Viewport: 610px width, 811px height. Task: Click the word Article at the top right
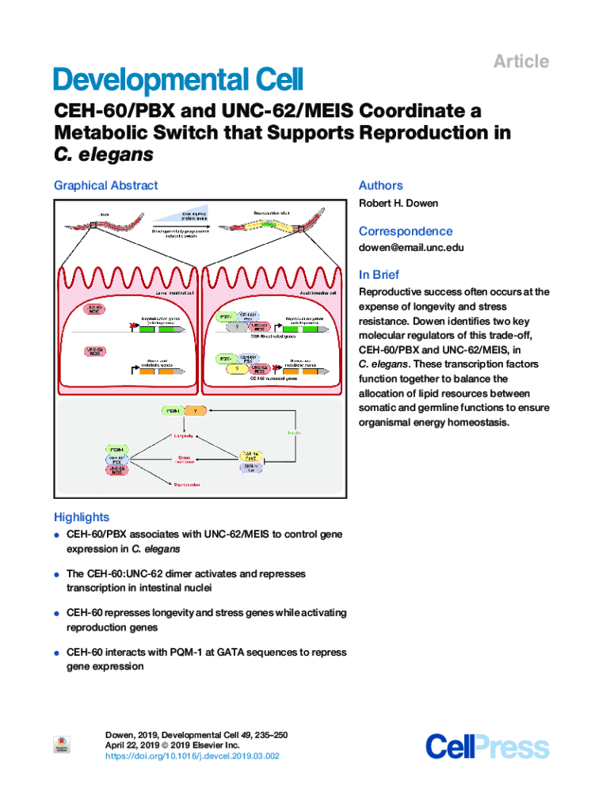click(521, 62)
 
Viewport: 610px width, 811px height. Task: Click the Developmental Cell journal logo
click(177, 81)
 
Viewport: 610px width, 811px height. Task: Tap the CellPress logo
click(486, 747)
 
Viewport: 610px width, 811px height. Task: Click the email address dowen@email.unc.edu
click(411, 248)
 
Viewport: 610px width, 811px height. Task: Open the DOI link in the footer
click(192, 756)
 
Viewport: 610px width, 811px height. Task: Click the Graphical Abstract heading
click(105, 185)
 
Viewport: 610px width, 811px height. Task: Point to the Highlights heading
click(82, 517)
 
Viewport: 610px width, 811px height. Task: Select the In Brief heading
click(379, 275)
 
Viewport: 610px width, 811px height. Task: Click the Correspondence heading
click(406, 231)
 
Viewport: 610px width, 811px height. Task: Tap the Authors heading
click(380, 185)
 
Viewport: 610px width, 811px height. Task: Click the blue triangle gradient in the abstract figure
click(182, 215)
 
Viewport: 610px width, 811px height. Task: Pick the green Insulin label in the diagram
click(292, 432)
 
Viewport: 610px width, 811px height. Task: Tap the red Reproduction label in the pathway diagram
click(183, 484)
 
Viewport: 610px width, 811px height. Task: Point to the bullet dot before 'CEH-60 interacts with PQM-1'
click(58, 653)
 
